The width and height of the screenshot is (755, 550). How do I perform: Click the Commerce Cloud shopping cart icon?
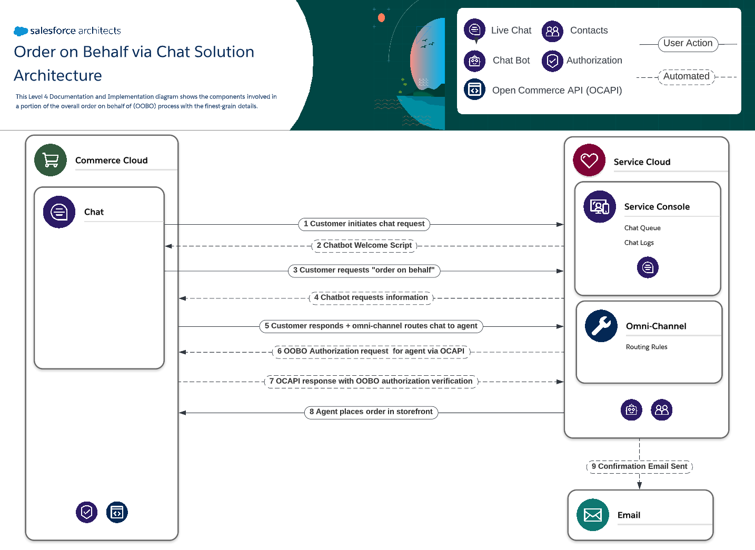point(51,160)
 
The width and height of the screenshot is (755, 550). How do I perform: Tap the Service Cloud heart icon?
point(589,160)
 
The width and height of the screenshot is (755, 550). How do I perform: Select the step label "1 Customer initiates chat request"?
point(364,224)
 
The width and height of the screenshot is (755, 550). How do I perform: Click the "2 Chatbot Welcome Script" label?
point(364,246)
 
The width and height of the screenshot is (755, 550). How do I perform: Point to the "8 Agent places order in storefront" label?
point(371,412)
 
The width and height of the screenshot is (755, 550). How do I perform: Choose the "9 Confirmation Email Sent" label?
point(639,467)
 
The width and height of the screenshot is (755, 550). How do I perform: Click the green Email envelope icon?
point(593,515)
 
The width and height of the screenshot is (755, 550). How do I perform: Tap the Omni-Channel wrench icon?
point(601,326)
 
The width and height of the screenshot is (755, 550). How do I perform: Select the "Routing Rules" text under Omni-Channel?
point(646,347)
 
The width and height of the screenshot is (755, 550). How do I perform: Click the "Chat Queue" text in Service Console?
point(642,228)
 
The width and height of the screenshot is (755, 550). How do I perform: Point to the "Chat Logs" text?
point(639,243)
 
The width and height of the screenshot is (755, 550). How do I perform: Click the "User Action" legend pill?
point(688,44)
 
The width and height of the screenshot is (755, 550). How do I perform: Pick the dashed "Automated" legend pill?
point(686,77)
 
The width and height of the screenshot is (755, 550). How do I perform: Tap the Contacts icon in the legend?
point(552,31)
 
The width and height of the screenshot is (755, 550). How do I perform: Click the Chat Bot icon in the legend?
point(474,61)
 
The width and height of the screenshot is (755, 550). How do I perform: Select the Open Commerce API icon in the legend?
point(474,89)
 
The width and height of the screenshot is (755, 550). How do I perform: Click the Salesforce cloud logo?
point(21,31)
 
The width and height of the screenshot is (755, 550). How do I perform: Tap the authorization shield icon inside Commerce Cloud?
point(86,512)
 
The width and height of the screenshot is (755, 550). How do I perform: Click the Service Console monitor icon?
point(599,207)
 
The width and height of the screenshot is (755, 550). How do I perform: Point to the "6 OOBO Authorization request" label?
point(371,352)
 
